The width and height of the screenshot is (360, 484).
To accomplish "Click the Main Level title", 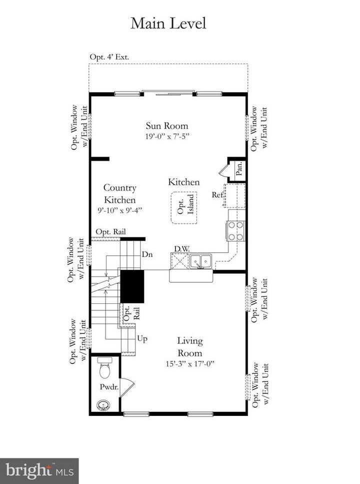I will click(168, 23).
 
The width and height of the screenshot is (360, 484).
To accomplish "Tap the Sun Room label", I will click(167, 126).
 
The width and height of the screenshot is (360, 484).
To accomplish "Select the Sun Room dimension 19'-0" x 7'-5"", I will click(167, 136).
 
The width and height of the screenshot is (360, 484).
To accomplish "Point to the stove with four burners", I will click(235, 231).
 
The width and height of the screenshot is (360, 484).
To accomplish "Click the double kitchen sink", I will click(200, 261).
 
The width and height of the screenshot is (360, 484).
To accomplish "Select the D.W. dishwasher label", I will click(182, 249).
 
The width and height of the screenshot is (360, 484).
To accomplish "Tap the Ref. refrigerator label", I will click(217, 195).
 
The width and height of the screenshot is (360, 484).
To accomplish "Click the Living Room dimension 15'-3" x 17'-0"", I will click(189, 364).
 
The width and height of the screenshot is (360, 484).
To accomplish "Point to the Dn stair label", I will click(147, 254).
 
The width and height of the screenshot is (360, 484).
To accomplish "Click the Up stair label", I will click(142, 339).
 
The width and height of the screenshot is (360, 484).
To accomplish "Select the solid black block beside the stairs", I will click(132, 286).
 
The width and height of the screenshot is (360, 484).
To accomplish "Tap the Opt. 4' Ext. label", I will click(109, 57).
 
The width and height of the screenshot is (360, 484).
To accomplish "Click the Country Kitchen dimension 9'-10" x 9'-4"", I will click(120, 210).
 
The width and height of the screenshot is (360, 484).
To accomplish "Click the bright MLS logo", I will click(39, 471).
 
